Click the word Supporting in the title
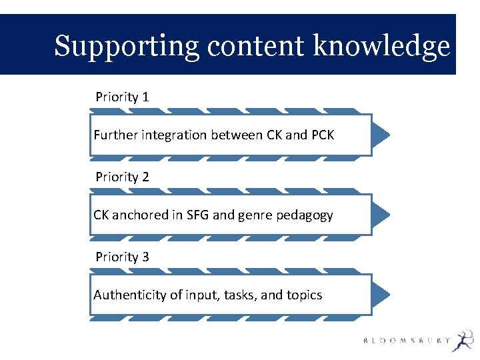pos(127,47)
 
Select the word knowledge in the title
pos(382,47)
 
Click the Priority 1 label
pos(122,97)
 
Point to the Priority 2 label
pos(122,177)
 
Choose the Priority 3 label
pos(122,257)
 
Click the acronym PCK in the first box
pos(323,135)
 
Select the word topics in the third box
pos(305,295)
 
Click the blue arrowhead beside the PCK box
pos(380,135)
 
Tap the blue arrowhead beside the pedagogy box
pos(380,215)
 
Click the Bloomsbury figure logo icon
pos(462,341)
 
